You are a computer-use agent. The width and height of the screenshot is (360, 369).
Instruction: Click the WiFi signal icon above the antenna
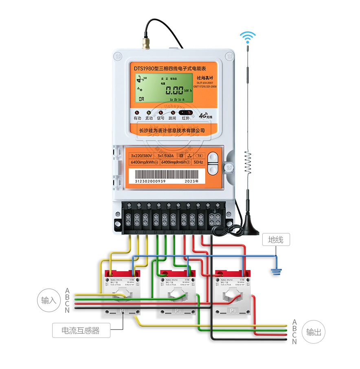[x=247, y=37]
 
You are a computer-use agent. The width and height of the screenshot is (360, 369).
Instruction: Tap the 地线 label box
[x=276, y=239]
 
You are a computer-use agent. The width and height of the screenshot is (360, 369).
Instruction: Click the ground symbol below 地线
[x=277, y=271]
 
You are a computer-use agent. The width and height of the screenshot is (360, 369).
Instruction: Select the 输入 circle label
[x=48, y=301]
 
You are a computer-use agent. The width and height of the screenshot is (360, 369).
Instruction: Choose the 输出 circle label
[x=314, y=332]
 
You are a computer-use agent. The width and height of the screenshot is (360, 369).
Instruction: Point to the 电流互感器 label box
[x=81, y=330]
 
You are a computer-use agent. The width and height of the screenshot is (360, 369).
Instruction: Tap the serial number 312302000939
[x=150, y=181]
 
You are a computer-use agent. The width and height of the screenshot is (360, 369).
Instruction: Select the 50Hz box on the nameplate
[x=198, y=163]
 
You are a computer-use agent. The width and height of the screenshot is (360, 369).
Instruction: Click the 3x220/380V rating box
[x=142, y=156]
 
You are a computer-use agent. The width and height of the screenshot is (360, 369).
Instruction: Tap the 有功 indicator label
[x=137, y=118]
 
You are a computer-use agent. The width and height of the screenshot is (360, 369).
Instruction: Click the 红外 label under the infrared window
[x=186, y=118]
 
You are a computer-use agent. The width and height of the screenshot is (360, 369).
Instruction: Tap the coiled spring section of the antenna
[x=247, y=163]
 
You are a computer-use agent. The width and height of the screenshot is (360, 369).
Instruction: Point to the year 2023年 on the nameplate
[x=191, y=181]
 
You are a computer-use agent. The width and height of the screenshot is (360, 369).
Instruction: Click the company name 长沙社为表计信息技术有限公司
[x=172, y=130]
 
